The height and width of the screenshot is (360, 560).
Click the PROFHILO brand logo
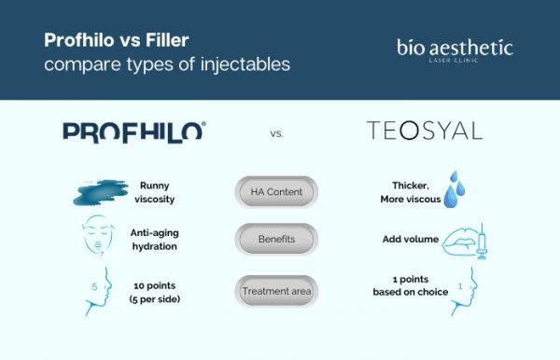pyautogui.click(x=133, y=132)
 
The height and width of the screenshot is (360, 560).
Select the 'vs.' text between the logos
pyautogui.click(x=276, y=133)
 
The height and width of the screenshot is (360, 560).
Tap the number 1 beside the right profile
pyautogui.click(x=460, y=285)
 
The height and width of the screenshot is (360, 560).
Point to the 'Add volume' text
pyautogui.click(x=408, y=240)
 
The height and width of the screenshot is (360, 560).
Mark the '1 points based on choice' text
pyautogui.click(x=404, y=285)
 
